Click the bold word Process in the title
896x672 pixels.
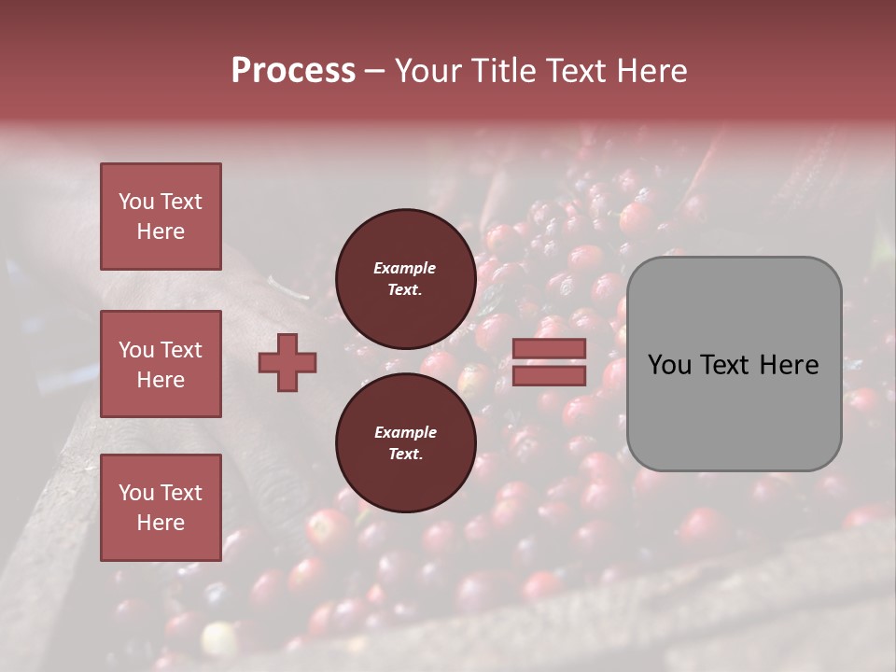pyautogui.click(x=293, y=71)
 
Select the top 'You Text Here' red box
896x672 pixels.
pyautogui.click(x=161, y=217)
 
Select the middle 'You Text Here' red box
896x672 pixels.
pyautogui.click(x=161, y=364)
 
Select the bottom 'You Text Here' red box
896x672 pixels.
pyautogui.click(x=161, y=508)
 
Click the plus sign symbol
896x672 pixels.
pyautogui.click(x=287, y=362)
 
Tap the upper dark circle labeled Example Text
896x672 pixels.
pyautogui.click(x=405, y=279)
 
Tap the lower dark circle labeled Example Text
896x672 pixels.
pyautogui.click(x=405, y=443)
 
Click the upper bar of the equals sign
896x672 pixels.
pyautogui.click(x=549, y=348)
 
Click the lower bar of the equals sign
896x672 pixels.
pyautogui.click(x=549, y=376)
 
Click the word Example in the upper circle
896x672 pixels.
pyautogui.click(x=405, y=269)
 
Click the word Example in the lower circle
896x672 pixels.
pyautogui.click(x=405, y=433)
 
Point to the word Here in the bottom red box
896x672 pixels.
pyautogui.click(x=161, y=523)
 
